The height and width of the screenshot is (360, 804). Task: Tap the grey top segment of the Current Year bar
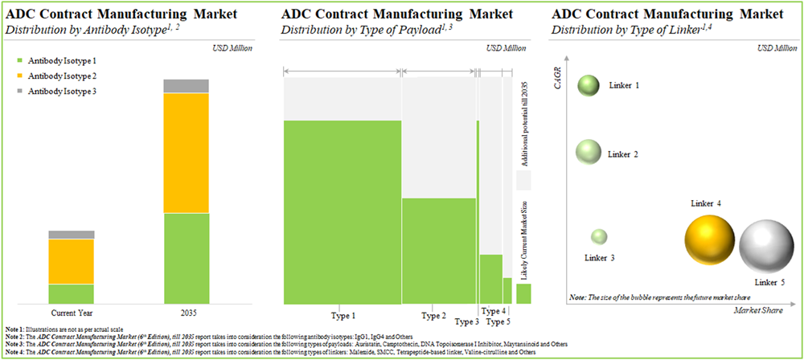click(x=71, y=235)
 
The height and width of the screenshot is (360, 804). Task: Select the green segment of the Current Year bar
click(x=71, y=294)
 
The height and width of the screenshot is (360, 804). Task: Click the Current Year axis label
click(x=71, y=312)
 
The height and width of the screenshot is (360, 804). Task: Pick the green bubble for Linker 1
click(x=589, y=85)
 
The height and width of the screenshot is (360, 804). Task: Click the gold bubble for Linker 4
click(x=710, y=239)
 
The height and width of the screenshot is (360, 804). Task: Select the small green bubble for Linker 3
click(x=599, y=237)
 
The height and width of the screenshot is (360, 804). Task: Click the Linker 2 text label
click(x=623, y=153)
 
